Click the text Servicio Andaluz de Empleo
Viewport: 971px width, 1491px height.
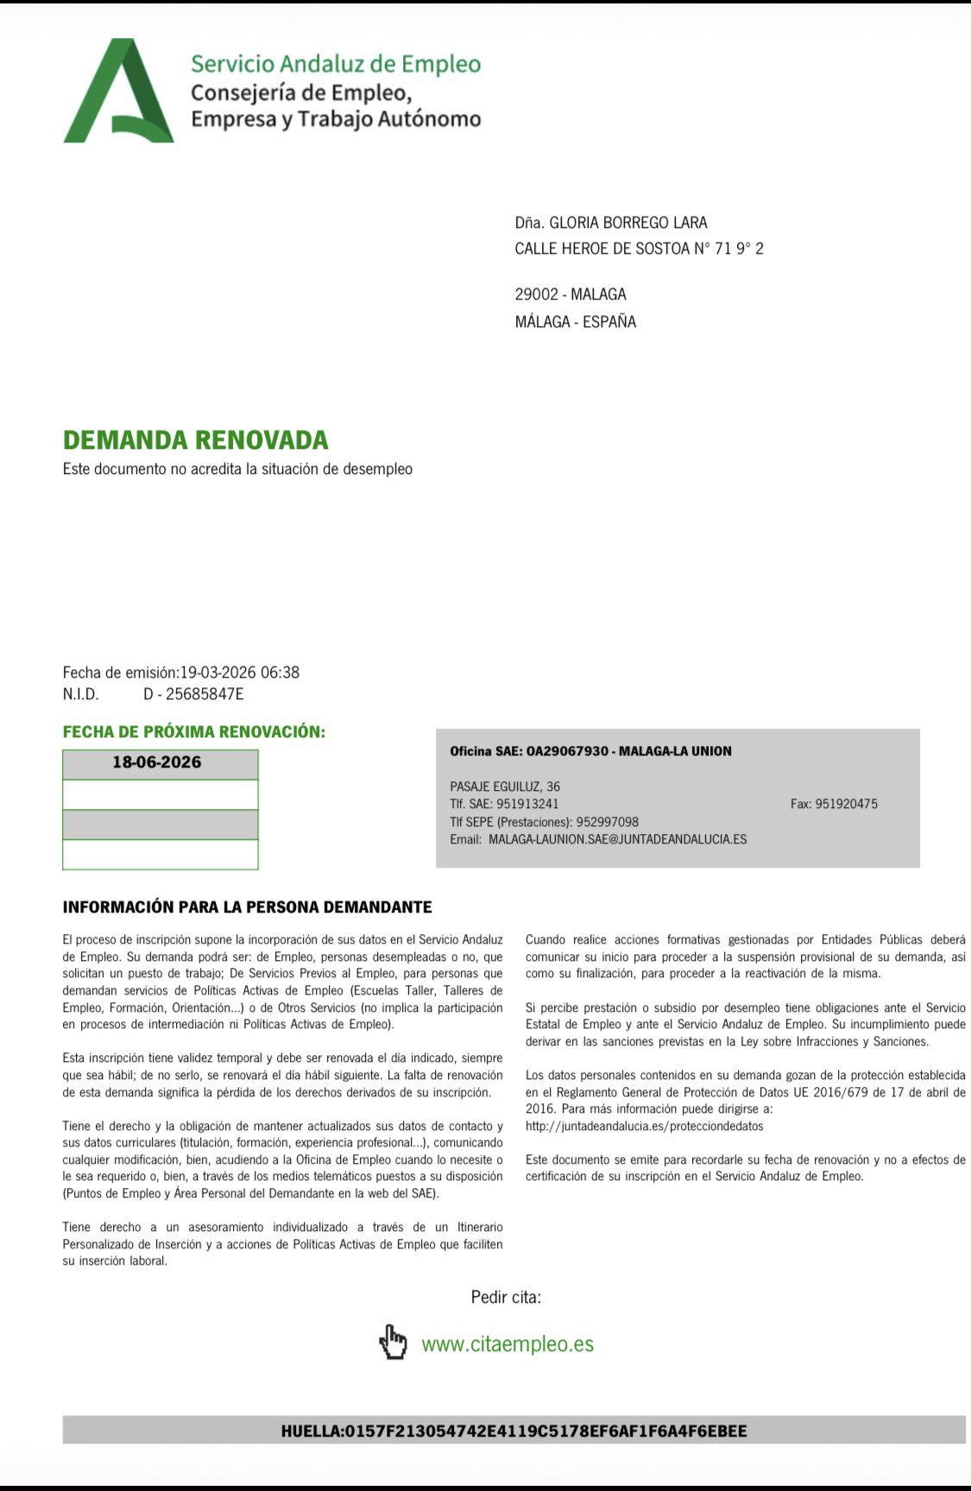pos(335,64)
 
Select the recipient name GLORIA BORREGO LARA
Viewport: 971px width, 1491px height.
pos(628,223)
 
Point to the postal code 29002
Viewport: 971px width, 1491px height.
pos(536,294)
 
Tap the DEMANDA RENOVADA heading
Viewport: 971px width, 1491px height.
pos(195,440)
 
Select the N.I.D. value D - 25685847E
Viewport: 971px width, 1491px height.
pos(193,694)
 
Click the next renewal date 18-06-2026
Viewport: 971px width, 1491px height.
pos(157,762)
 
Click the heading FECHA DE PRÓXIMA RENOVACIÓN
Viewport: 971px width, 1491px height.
pos(194,732)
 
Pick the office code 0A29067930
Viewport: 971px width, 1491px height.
pos(567,751)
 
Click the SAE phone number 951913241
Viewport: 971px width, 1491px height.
pos(527,804)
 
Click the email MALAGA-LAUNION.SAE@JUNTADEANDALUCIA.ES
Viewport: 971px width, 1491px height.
pos(617,839)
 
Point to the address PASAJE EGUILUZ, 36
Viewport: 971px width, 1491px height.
pos(505,787)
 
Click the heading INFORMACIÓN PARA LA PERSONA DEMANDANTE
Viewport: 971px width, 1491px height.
pos(247,907)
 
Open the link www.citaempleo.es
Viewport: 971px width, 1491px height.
pos(508,1344)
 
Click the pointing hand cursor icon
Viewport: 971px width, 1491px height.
pos(393,1343)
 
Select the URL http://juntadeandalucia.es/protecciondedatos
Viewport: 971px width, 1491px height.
pos(644,1126)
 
